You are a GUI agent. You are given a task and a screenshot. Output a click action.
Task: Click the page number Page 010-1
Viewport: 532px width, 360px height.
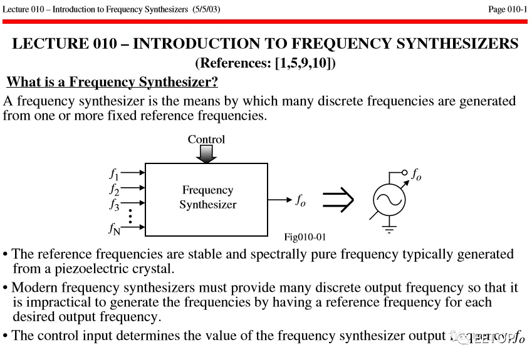(508, 9)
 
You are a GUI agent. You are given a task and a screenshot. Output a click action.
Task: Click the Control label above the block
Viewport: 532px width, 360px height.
(206, 140)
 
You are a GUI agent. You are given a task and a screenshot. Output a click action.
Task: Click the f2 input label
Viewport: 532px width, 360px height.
(113, 188)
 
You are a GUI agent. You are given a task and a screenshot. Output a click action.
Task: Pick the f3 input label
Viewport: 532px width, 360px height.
(113, 203)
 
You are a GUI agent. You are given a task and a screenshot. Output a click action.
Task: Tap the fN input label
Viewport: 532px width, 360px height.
(113, 229)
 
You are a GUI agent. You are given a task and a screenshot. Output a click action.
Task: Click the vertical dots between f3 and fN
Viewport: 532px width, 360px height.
(130, 215)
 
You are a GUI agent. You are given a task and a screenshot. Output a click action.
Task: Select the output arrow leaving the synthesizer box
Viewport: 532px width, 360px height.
(279, 200)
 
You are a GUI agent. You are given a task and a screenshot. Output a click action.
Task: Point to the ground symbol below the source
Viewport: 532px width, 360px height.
(390, 230)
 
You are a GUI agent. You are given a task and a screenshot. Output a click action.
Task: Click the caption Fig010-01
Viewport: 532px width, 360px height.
(305, 237)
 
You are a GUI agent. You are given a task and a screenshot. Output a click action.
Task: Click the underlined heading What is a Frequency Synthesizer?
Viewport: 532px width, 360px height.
(112, 82)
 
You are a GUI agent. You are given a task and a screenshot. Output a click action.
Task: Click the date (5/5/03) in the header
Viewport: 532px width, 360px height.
(204, 9)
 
